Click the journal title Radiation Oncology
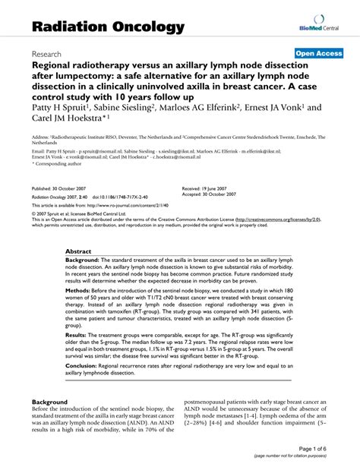click(x=108, y=27)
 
